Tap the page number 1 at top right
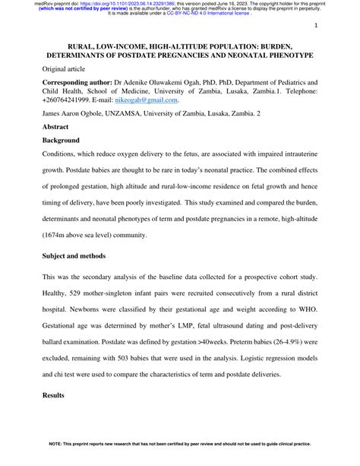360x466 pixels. coord(314,26)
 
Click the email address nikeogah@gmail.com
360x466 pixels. coord(144,99)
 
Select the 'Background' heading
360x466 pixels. coord(62,142)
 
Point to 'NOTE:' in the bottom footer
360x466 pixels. coord(59,458)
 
